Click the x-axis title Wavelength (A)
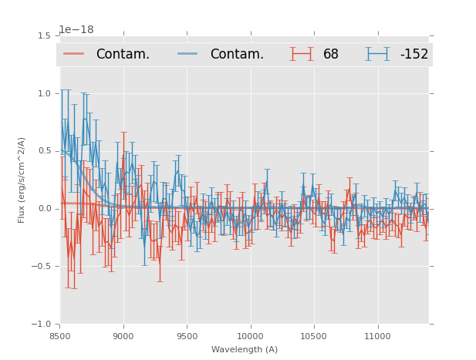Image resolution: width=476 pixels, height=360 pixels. tap(245, 349)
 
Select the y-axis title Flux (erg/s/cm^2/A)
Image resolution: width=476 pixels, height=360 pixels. tap(22, 180)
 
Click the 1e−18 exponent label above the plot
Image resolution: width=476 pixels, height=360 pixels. tap(76, 30)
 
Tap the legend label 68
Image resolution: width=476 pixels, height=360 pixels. tap(331, 55)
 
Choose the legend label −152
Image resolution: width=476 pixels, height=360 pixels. tap(414, 55)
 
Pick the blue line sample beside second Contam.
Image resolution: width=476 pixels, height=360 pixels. tap(190, 54)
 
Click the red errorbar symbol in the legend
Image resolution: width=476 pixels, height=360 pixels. tap(302, 54)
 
